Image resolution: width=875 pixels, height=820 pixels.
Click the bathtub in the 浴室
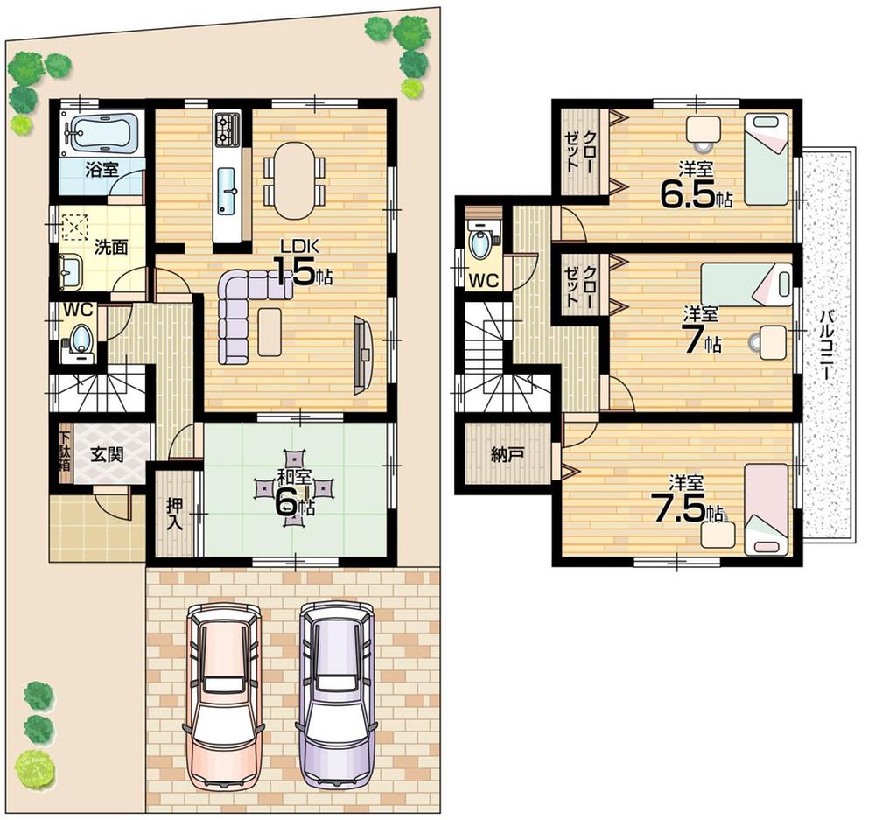pyautogui.click(x=101, y=132)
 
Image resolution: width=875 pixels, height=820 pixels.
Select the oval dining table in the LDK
pyautogui.click(x=293, y=180)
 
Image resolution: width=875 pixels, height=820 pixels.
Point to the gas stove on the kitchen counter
pyautogui.click(x=227, y=130)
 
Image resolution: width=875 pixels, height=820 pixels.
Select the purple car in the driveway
pyautogui.click(x=338, y=691)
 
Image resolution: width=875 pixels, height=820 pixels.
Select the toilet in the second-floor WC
pyautogui.click(x=480, y=242)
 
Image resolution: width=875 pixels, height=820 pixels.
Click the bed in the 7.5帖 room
pyautogui.click(x=766, y=509)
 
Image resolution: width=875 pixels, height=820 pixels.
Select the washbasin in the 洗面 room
pyautogui.click(x=70, y=271)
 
